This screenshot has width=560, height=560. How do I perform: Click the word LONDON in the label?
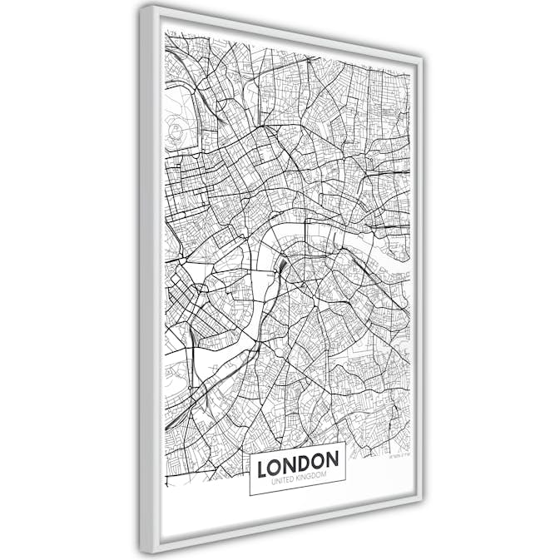[x=298, y=463]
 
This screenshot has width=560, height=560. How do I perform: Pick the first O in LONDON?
[x=275, y=465]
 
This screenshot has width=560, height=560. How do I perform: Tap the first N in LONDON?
[x=290, y=463]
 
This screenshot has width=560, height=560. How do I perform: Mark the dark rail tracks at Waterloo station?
[x=283, y=268]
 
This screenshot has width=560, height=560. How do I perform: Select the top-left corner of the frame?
[x=142, y=7]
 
